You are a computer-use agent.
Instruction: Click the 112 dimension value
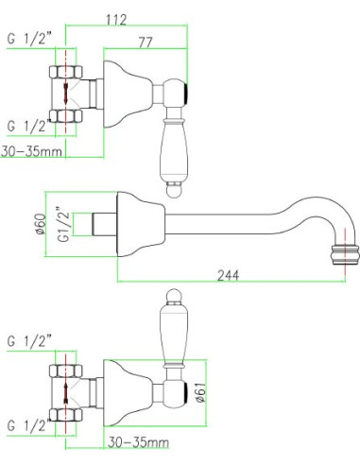pyautogui.click(x=116, y=20)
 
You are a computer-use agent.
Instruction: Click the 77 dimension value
pyautogui.click(x=146, y=43)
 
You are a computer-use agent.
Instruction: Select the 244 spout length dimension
pyautogui.click(x=229, y=275)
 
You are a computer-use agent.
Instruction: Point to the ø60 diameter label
pyautogui.click(x=42, y=224)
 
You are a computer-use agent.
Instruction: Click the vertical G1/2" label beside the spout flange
pyautogui.click(x=64, y=224)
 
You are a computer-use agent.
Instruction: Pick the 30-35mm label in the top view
pyautogui.click(x=31, y=151)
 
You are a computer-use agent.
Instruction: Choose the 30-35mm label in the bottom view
pyautogui.click(x=138, y=442)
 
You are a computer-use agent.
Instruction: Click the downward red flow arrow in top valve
pyautogui.click(x=65, y=93)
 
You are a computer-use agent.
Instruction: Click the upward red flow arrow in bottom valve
pyautogui.click(x=66, y=392)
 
